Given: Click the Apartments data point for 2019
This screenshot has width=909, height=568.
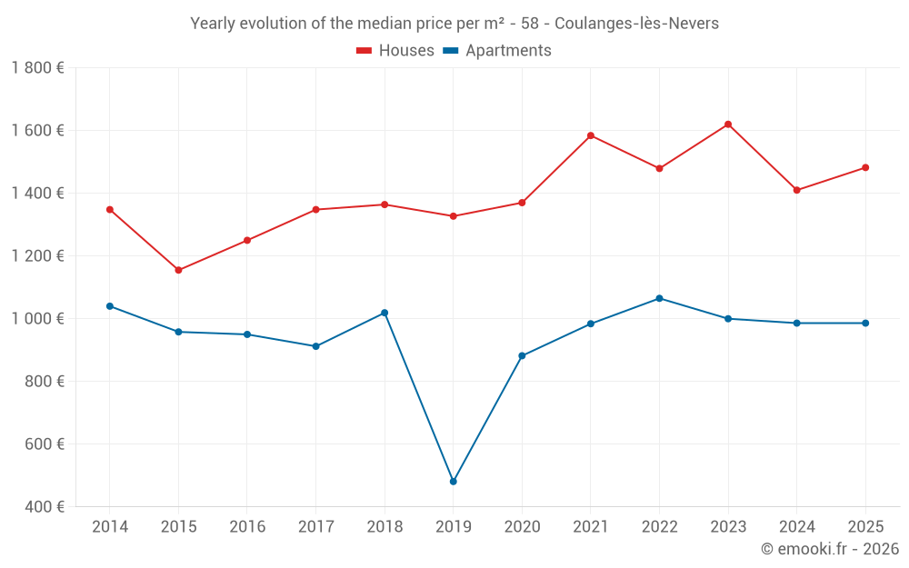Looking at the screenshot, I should pyautogui.click(x=453, y=482).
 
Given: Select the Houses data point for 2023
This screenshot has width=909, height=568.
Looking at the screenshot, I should pyautogui.click(x=728, y=125).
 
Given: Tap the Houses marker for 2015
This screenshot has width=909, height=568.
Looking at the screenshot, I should pyautogui.click(x=178, y=270).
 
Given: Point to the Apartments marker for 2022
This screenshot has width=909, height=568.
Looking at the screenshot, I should pyautogui.click(x=659, y=298).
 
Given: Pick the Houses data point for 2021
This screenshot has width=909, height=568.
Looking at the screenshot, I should pyautogui.click(x=591, y=135).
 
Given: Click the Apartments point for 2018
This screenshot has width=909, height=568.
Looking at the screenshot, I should pyautogui.click(x=385, y=313).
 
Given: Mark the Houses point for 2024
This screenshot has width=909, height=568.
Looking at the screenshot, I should pyautogui.click(x=797, y=190).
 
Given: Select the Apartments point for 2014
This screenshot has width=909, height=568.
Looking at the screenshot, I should pyautogui.click(x=109, y=306).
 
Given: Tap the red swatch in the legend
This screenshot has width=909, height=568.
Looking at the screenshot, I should pyautogui.click(x=365, y=51).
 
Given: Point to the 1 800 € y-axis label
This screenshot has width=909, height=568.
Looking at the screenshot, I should pyautogui.click(x=37, y=68).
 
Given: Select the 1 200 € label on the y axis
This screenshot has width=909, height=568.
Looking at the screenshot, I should pyautogui.click(x=37, y=256).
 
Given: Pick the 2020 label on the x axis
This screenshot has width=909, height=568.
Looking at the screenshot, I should pyautogui.click(x=522, y=527).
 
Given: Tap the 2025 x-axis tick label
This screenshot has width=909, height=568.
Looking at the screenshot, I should pyautogui.click(x=865, y=527).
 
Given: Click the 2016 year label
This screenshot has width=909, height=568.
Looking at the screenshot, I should pyautogui.click(x=247, y=527).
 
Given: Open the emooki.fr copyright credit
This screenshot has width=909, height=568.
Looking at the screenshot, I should pyautogui.click(x=829, y=549).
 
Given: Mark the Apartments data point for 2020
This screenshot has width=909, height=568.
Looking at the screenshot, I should pyautogui.click(x=522, y=355).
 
